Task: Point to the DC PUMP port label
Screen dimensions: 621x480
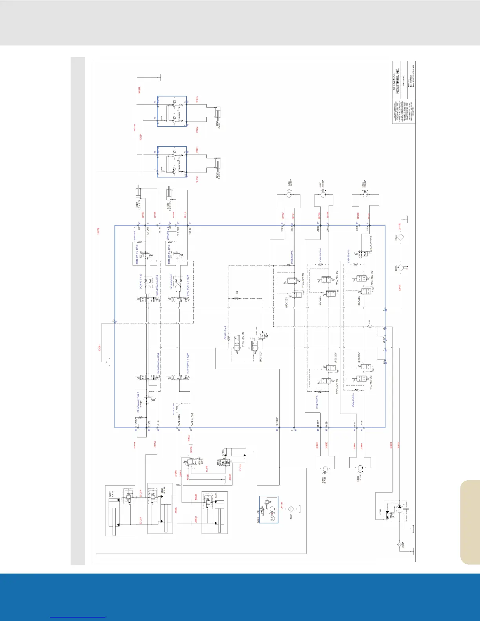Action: coord(277,421)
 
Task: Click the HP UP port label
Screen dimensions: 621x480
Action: coord(158,423)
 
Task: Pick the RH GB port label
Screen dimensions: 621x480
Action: coord(327,423)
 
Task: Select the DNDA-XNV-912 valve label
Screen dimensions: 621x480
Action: coord(371,243)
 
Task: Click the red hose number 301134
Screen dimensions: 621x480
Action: coord(282,506)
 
